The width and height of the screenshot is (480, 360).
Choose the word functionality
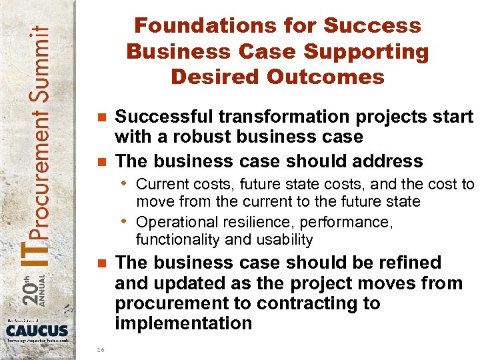[172, 239]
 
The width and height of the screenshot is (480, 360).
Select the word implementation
[183, 324]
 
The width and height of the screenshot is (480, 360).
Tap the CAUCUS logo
[37, 331]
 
